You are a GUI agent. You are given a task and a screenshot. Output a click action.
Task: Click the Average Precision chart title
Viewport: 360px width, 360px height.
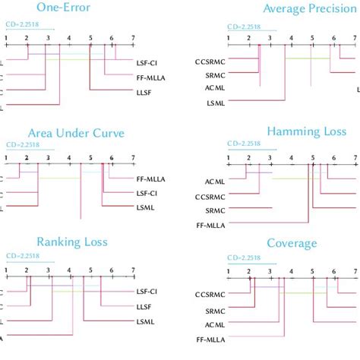[x=310, y=8]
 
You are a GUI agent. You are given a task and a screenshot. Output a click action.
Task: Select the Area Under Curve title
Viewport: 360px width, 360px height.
[x=65, y=133]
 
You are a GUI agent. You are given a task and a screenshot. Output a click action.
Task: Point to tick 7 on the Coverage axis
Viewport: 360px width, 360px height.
[x=355, y=270]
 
